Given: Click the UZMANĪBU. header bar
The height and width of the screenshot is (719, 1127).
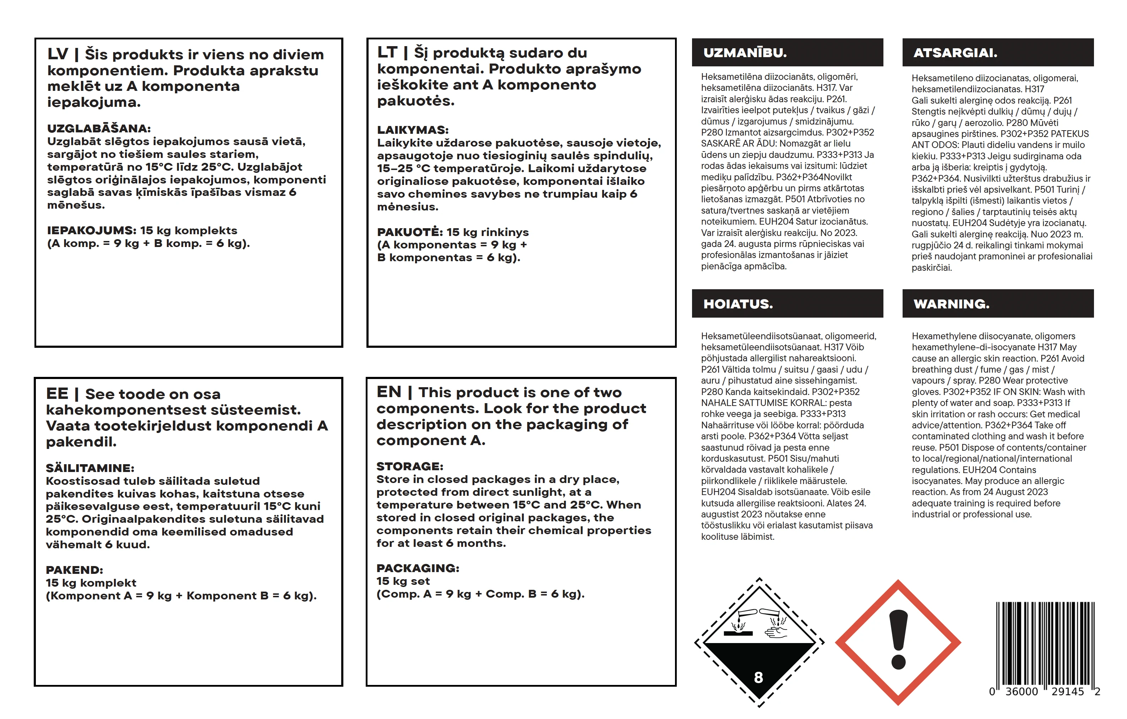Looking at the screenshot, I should (x=787, y=53).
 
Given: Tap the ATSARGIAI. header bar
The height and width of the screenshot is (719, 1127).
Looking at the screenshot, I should (x=998, y=53).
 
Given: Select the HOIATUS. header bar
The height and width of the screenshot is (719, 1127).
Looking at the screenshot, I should (x=787, y=303).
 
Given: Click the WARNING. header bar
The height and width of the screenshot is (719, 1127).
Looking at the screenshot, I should (x=998, y=303).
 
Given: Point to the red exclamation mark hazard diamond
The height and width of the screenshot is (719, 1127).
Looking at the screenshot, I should (x=898, y=642).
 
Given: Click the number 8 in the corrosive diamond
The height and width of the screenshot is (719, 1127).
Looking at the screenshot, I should (x=759, y=677).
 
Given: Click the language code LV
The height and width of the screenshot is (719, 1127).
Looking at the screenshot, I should (x=58, y=54).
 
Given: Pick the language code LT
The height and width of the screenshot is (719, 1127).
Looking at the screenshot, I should (x=387, y=53).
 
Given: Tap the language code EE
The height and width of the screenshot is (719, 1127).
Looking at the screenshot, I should (x=57, y=394).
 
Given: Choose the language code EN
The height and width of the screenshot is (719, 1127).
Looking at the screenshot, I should (x=389, y=392).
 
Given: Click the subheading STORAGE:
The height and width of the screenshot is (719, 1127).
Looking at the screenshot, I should (x=409, y=466).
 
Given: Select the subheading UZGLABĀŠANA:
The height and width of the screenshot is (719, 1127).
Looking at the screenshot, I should (x=99, y=128).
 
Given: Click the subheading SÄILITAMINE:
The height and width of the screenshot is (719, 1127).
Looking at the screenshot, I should (x=90, y=468).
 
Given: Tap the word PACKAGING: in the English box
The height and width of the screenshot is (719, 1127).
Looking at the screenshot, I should (x=418, y=569).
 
